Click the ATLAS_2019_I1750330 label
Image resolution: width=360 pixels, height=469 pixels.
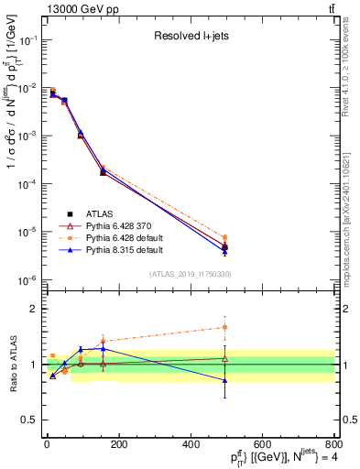pos(190,274)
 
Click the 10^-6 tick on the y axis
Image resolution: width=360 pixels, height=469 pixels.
pos(27,279)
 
